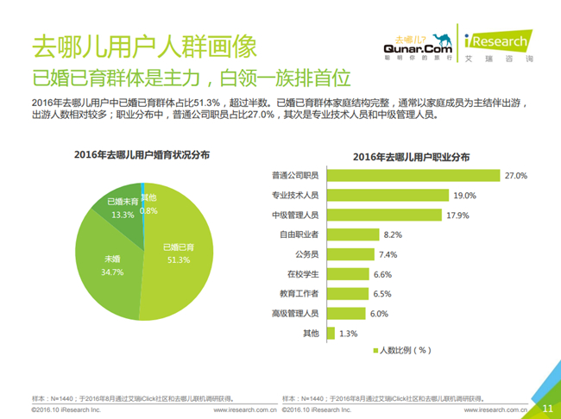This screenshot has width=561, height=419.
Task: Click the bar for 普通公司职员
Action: click(413, 176)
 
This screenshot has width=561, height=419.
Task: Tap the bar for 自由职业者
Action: click(352, 234)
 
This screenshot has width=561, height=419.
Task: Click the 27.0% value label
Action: click(515, 176)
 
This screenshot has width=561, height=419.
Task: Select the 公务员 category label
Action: click(306, 254)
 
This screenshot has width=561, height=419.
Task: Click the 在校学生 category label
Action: click(303, 274)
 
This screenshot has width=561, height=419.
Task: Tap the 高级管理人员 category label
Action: click(296, 313)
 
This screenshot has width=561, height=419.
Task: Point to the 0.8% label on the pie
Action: click(148, 210)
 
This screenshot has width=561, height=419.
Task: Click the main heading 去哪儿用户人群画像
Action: click(120, 45)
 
